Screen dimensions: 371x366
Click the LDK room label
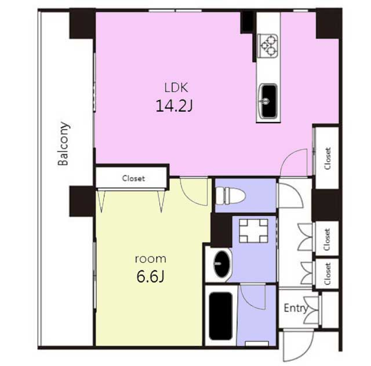pyautogui.click(x=176, y=87)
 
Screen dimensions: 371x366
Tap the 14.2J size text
pyautogui.click(x=174, y=105)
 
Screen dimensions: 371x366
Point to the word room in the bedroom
pyautogui.click(x=151, y=259)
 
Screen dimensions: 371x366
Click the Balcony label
pyautogui.click(x=64, y=144)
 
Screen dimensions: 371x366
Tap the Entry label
pyautogui.click(x=296, y=308)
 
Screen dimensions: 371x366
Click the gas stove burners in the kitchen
pyautogui.click(x=268, y=46)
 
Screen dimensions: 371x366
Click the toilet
pyautogui.click(x=231, y=196)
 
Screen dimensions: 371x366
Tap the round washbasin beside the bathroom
pyautogui.click(x=223, y=263)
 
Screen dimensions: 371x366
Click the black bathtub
pyautogui.click(x=220, y=316)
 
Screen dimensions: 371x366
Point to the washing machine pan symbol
pyautogui.click(x=254, y=230)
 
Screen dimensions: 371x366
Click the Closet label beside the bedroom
pyautogui.click(x=133, y=178)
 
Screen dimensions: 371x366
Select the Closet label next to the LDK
pyautogui.click(x=328, y=159)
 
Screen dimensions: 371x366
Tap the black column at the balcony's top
pyautogui.click(x=82, y=24)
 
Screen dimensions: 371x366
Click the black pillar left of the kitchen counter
pyautogui.click(x=248, y=23)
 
